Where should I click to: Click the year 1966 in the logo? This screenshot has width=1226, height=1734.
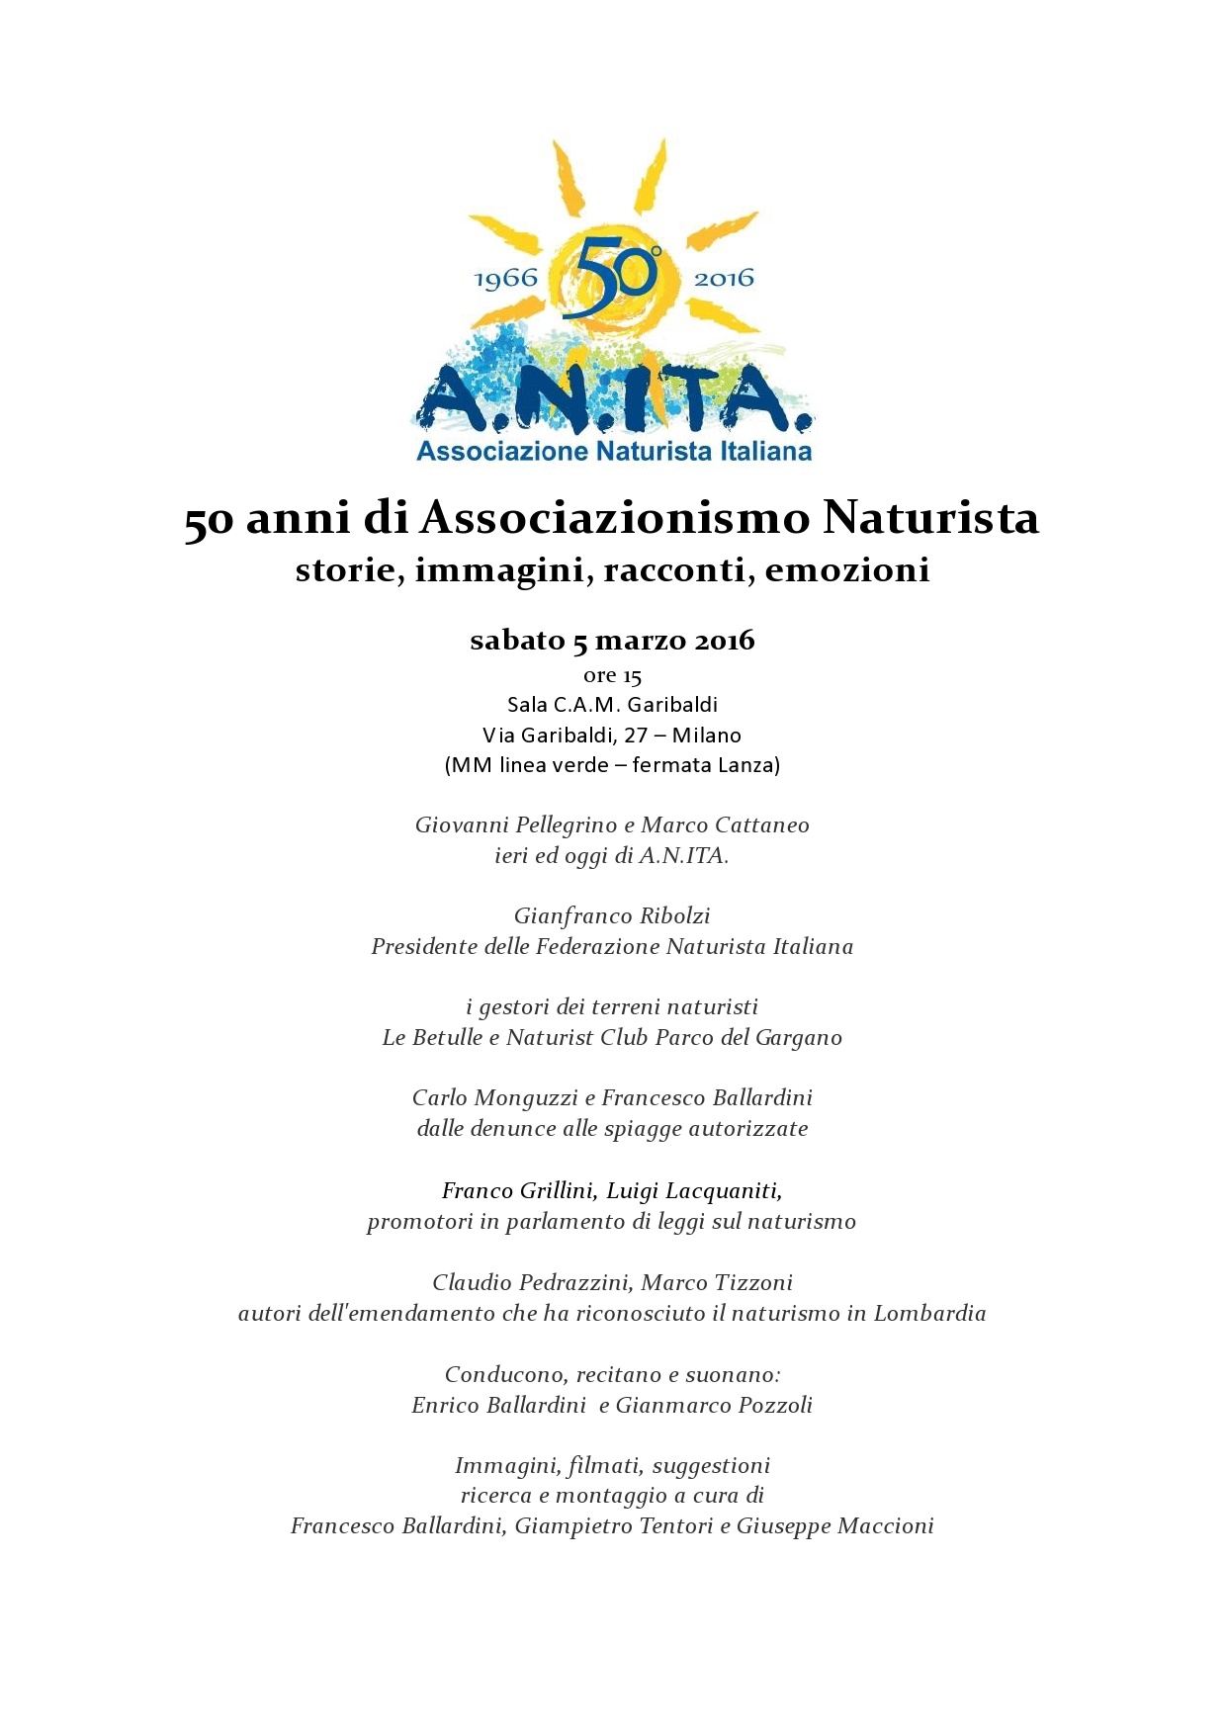506,278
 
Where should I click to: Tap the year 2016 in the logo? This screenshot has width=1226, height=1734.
724,278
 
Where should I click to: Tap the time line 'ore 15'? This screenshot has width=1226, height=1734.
613,676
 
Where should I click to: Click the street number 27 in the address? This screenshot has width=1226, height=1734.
636,736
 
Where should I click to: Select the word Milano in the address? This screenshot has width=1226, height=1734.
706,736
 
